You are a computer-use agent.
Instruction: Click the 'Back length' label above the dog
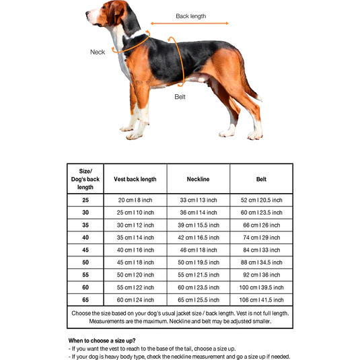point(190,16)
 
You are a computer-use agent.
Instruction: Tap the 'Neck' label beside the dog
point(98,52)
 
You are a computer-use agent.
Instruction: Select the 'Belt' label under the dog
point(180,96)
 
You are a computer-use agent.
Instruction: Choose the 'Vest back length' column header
point(135,179)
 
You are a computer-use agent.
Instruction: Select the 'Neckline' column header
point(198,179)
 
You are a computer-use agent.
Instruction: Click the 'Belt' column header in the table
point(261,179)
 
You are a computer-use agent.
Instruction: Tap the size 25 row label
point(85,201)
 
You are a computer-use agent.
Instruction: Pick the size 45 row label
point(85,249)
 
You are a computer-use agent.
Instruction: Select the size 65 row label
point(85,299)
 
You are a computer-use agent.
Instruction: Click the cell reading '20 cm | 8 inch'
point(135,201)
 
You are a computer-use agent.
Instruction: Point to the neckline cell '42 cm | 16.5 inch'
point(198,237)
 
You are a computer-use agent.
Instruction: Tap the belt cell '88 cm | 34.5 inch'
point(261,262)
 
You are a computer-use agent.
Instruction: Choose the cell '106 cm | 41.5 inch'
point(261,299)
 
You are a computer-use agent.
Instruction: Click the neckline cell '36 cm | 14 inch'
point(198,213)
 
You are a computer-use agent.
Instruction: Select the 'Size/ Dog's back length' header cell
point(85,179)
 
